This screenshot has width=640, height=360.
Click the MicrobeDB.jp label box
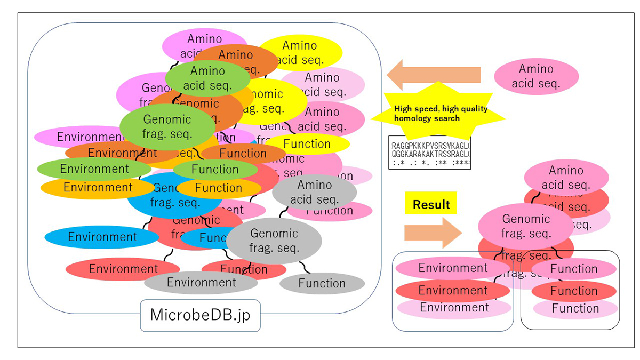200,315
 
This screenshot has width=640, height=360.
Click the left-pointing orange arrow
433,75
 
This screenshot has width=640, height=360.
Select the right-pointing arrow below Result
433,233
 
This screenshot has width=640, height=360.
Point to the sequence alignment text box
430,153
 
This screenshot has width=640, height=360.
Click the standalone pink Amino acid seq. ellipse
536,76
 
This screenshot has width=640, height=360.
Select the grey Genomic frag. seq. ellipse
274,241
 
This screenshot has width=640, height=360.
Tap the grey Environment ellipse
201,282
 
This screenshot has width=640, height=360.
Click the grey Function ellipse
322,283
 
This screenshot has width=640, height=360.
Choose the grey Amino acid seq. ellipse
314,193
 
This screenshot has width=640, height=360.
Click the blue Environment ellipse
102,237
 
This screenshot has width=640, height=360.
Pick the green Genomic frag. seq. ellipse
166,127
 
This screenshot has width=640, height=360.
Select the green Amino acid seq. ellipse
207,78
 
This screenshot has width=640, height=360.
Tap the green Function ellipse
215,170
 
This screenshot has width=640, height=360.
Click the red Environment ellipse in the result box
453,291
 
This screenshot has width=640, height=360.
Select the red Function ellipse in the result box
574,291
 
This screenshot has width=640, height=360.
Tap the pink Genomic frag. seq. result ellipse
526,226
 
